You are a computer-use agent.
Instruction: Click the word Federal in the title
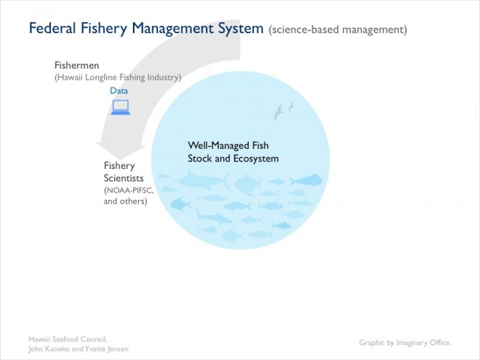[x=52, y=28]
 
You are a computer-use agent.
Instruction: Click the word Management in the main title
[x=172, y=29]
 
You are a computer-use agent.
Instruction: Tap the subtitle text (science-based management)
[x=338, y=30]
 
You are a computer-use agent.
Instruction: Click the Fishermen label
[x=77, y=65]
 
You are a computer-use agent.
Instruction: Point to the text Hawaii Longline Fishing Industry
[x=118, y=77]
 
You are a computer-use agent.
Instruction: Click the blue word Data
[x=119, y=91]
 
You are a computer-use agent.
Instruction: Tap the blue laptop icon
[x=120, y=108]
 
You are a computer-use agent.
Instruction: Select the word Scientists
[x=123, y=178]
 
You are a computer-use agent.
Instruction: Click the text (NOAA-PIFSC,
[x=129, y=190]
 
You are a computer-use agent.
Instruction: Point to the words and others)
[x=126, y=201]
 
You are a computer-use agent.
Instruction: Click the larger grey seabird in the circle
[x=278, y=112]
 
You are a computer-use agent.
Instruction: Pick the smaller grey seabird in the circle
[x=291, y=107]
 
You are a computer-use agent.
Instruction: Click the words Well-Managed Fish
[x=228, y=145]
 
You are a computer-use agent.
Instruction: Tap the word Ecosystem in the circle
[x=256, y=159]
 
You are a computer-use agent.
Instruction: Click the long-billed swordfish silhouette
[x=204, y=180]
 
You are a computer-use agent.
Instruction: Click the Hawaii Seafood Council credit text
[x=68, y=339]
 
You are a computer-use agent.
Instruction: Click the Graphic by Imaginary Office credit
[x=405, y=342]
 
